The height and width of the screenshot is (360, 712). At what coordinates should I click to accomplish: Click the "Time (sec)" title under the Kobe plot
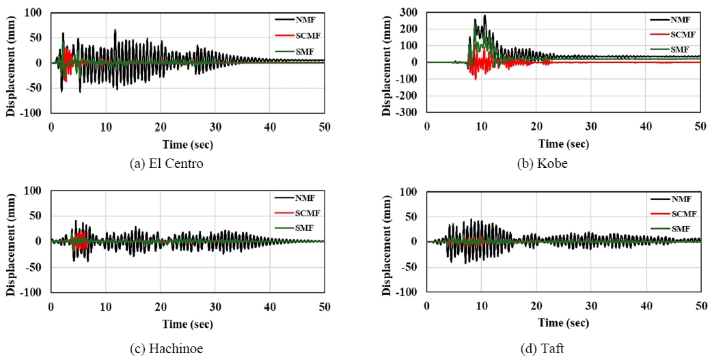(563, 143)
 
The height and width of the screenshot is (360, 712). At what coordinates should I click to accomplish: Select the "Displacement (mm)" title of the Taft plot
(387, 242)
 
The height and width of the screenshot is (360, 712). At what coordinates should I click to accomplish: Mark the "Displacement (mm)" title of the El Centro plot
(10, 62)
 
